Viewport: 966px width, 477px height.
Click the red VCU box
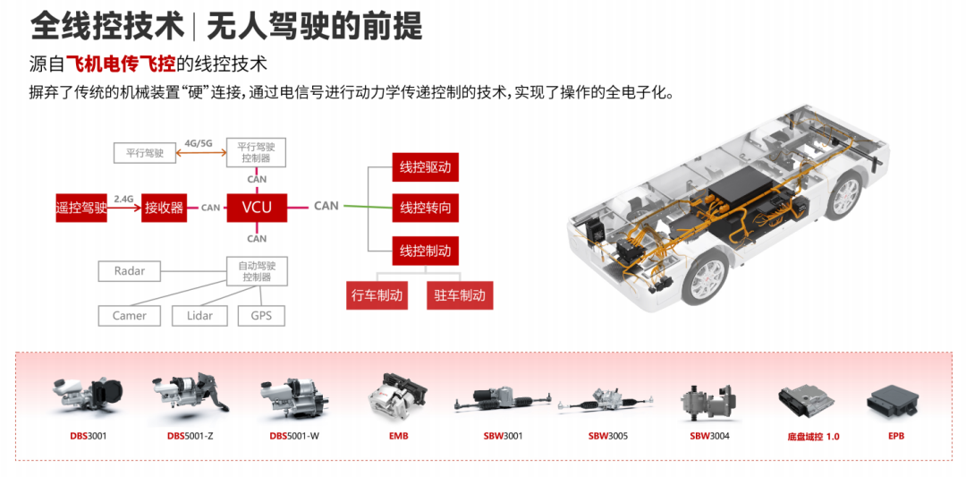[x=257, y=208]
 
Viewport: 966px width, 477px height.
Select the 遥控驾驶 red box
[x=81, y=208]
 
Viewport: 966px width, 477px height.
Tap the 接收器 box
[x=164, y=208]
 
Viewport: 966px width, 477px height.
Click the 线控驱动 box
[x=425, y=167]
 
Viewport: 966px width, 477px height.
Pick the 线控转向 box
[x=425, y=209]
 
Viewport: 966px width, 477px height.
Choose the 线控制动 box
[x=425, y=250]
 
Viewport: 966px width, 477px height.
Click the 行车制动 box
[x=377, y=295]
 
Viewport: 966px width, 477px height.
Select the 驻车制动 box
[x=460, y=295]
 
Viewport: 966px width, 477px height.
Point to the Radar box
[x=130, y=271]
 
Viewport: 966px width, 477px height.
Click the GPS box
[x=261, y=316]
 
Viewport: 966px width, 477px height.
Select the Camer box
[x=130, y=316]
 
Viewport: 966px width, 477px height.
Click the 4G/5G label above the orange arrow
[x=199, y=143]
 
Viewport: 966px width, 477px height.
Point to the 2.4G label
[x=123, y=199]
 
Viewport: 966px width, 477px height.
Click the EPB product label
[x=896, y=436]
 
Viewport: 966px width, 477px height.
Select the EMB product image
[x=397, y=394]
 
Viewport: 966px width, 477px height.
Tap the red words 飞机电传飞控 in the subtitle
[x=121, y=64]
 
